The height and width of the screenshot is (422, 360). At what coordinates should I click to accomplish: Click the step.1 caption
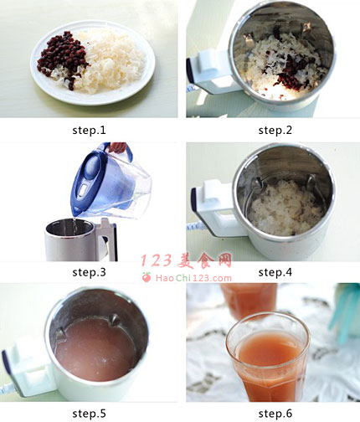[x=89, y=130]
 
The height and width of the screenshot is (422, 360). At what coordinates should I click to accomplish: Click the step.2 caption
[x=275, y=130]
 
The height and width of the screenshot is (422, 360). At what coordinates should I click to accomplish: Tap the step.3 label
[x=89, y=272]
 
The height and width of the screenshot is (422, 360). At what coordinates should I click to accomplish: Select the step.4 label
[x=275, y=272]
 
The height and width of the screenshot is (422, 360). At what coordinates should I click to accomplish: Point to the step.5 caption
[x=89, y=414]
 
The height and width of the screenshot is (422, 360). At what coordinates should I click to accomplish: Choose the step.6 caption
[x=275, y=414]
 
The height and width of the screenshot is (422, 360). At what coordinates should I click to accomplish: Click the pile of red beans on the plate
[x=63, y=56]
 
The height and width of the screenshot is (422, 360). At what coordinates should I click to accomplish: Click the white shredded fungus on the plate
[x=111, y=61]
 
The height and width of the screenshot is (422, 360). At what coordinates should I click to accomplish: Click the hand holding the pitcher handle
[x=117, y=147]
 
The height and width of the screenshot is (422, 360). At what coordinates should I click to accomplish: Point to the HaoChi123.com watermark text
[x=193, y=278]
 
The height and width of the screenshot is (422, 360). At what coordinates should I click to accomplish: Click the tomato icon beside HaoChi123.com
[x=147, y=277]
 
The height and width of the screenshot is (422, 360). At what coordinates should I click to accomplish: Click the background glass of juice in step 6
[x=249, y=300]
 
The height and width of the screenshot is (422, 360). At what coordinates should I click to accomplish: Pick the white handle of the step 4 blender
[x=215, y=208]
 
